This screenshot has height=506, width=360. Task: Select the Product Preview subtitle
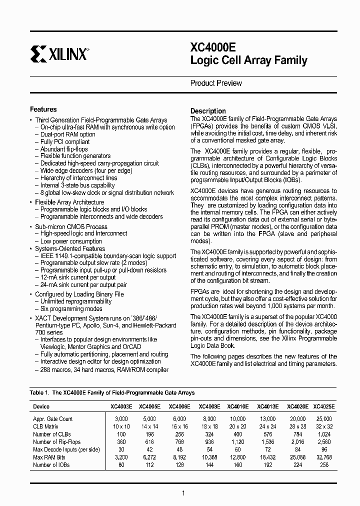click(215, 83)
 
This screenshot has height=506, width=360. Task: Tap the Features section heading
click(43, 109)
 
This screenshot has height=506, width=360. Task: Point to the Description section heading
click(208, 111)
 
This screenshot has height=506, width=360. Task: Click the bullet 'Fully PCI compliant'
click(65, 142)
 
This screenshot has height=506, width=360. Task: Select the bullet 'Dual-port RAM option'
click(67, 134)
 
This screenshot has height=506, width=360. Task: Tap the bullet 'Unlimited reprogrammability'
click(76, 301)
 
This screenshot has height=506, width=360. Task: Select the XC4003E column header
click(121, 406)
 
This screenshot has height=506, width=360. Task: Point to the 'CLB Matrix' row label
click(47, 426)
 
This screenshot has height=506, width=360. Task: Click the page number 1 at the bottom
click(183, 493)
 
